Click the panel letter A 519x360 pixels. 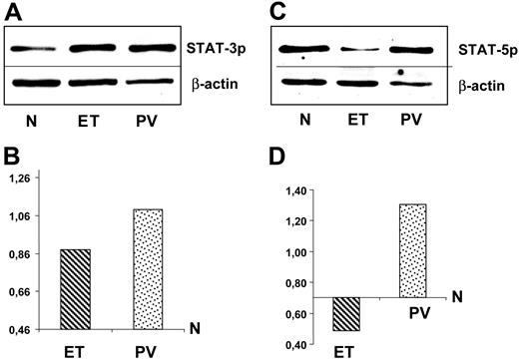pos(12,11)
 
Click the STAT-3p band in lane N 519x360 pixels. pos(34,47)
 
